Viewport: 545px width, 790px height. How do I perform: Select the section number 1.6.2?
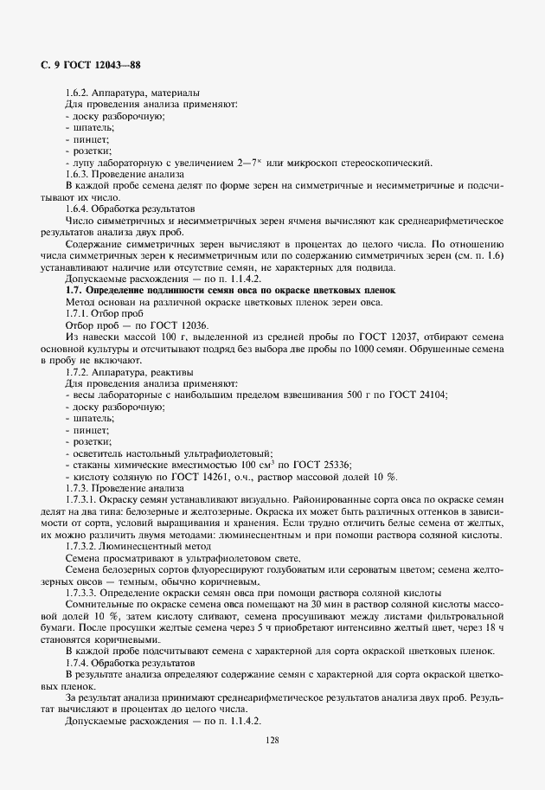(80, 93)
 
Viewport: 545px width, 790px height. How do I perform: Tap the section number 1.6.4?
(80, 209)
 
